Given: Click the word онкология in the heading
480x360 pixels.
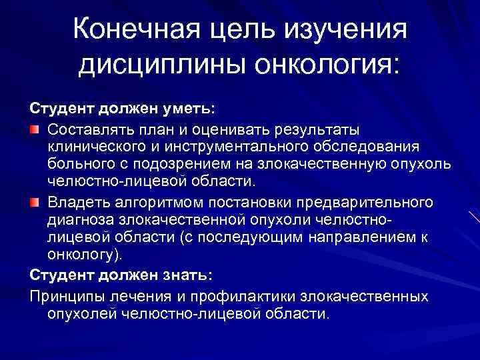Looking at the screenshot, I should point(318,66).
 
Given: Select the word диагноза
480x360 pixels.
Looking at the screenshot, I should point(79,220).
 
